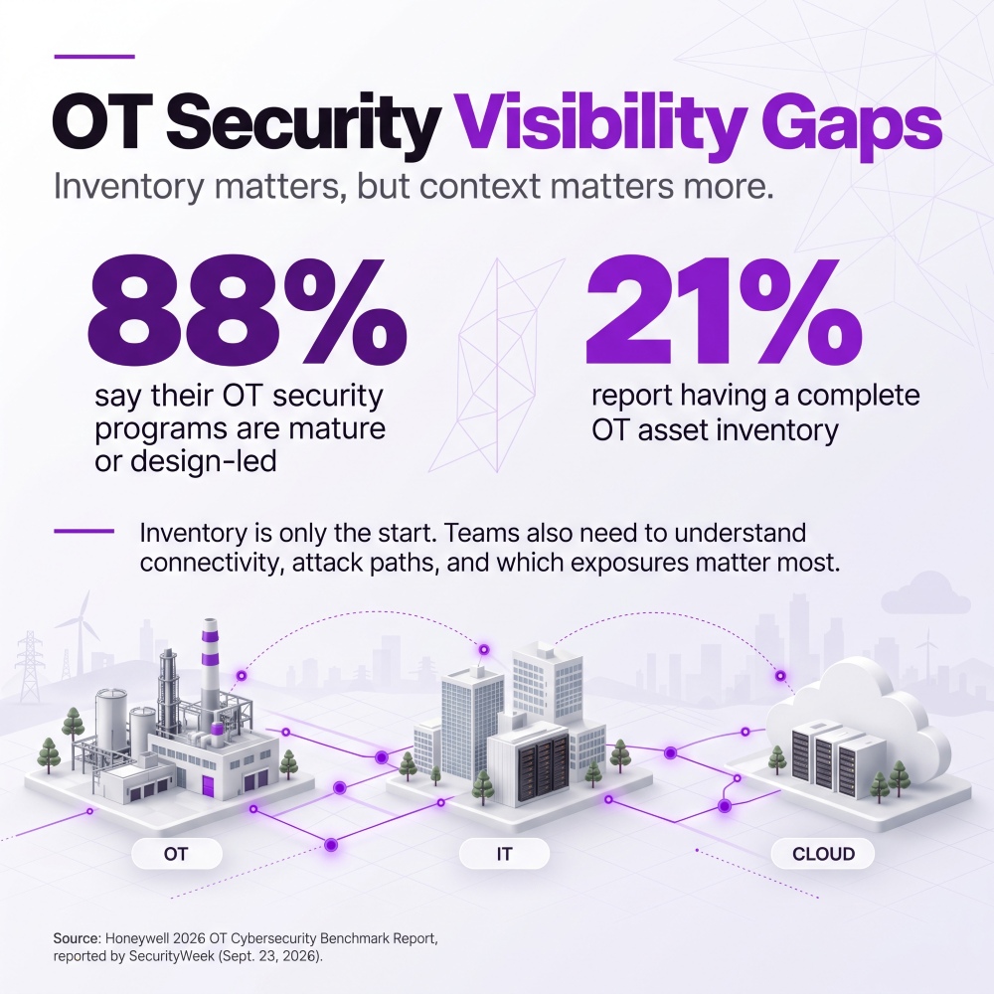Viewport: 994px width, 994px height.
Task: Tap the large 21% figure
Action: (724, 309)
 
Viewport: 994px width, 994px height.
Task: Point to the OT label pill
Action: (176, 854)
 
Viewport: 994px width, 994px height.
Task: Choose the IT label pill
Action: (504, 854)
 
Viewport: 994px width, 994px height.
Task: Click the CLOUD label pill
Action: (823, 854)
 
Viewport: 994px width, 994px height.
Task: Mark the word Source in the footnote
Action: (77, 938)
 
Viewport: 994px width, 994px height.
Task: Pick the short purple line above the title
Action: (94, 57)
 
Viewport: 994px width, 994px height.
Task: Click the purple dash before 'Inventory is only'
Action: (83, 531)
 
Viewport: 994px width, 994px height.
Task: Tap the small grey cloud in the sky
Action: (925, 594)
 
